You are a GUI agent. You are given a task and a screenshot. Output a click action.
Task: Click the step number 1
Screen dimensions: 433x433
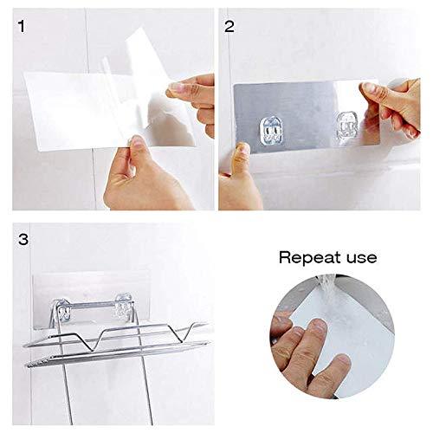click(21, 26)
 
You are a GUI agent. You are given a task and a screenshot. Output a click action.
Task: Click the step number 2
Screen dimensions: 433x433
click(229, 26)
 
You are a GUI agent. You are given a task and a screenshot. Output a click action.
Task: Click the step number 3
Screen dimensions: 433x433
click(23, 239)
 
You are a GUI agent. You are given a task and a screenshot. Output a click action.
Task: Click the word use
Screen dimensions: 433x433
click(362, 258)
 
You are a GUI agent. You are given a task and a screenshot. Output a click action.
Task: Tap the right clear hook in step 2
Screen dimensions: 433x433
click(347, 126)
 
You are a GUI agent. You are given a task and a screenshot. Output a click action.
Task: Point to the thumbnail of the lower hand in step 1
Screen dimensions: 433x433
click(137, 142)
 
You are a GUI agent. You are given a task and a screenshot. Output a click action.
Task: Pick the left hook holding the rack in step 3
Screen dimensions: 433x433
click(62, 311)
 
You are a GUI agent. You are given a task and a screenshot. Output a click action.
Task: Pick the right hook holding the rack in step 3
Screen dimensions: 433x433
click(123, 307)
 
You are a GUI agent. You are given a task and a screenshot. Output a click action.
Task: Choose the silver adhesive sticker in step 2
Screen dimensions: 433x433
click(307, 116)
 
